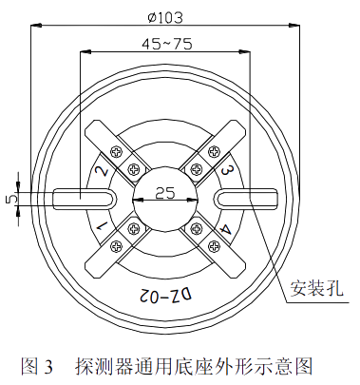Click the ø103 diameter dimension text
[x=166, y=16]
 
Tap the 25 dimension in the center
[x=164, y=193]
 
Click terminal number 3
[x=228, y=171]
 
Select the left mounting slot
[x=84, y=198]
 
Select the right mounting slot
[x=246, y=198]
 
